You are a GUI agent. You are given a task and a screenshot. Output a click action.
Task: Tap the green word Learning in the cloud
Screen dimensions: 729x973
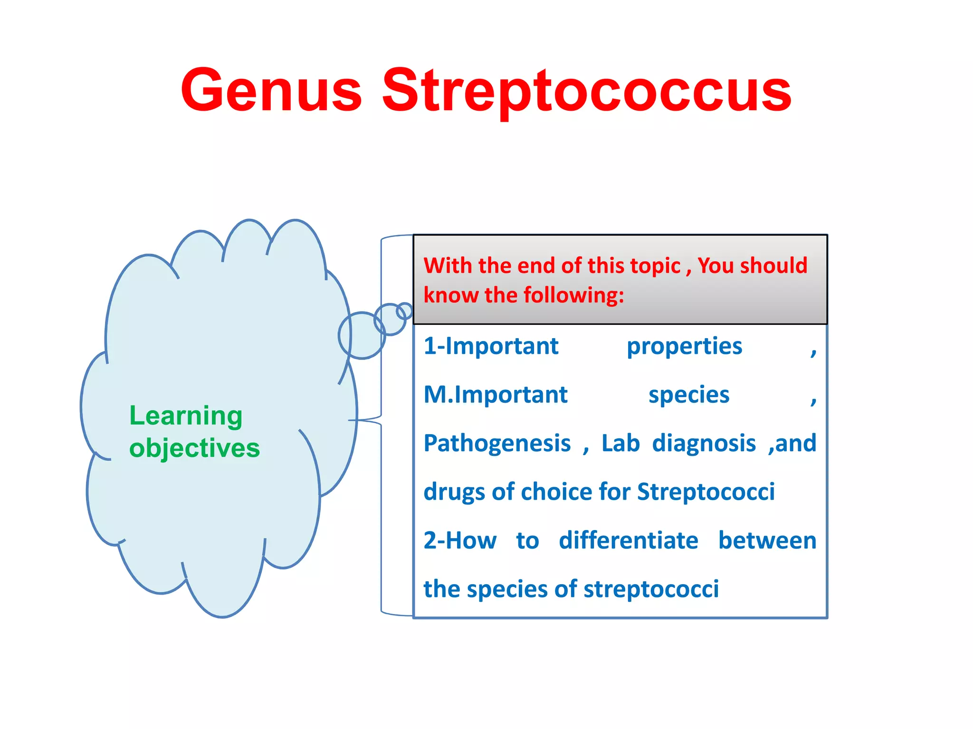point(186,416)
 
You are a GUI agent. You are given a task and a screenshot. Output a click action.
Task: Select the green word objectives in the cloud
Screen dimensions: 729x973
point(194,448)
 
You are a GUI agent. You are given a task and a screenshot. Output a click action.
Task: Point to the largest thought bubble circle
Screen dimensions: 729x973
point(362,335)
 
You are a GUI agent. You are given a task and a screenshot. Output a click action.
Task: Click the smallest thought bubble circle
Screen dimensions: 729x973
point(404,311)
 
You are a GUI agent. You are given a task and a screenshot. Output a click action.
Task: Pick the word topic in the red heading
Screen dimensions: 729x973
point(655,266)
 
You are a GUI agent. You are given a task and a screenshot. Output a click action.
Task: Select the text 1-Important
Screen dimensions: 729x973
point(491,346)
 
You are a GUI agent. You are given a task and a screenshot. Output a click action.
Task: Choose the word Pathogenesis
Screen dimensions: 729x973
point(497,444)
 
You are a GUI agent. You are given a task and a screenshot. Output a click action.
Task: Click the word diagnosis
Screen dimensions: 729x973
point(704,444)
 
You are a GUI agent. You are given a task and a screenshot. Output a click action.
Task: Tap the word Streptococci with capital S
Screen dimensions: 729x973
point(706,492)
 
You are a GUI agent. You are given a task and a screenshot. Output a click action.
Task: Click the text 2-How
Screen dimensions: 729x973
point(460,541)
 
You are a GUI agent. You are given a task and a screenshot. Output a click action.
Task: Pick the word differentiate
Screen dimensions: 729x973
point(628,541)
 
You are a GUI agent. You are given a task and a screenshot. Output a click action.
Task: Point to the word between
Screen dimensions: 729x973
point(767,541)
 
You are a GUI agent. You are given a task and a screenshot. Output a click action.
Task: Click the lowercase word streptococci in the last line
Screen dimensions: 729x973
point(651,589)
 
